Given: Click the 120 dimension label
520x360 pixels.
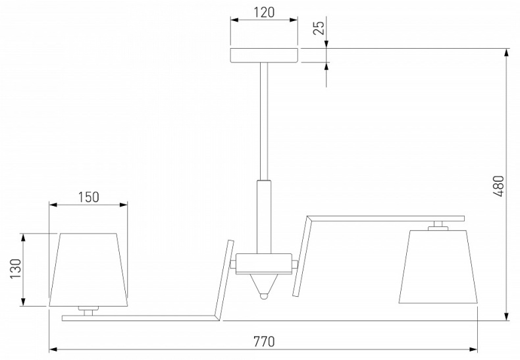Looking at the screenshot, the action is click(x=265, y=13).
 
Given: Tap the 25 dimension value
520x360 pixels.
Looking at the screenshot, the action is click(x=319, y=28).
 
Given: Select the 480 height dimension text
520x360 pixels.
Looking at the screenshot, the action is click(x=498, y=186).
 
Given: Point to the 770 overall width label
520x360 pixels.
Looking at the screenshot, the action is click(x=265, y=341).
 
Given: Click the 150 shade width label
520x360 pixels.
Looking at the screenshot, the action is click(x=89, y=197).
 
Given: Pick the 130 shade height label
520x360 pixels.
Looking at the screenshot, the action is click(x=16, y=269).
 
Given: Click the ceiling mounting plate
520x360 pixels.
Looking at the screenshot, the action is click(x=265, y=55).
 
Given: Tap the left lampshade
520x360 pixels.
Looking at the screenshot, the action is click(x=89, y=269).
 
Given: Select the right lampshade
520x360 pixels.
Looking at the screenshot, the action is click(x=438, y=266).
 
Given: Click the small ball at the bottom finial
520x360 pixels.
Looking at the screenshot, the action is click(x=264, y=296).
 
